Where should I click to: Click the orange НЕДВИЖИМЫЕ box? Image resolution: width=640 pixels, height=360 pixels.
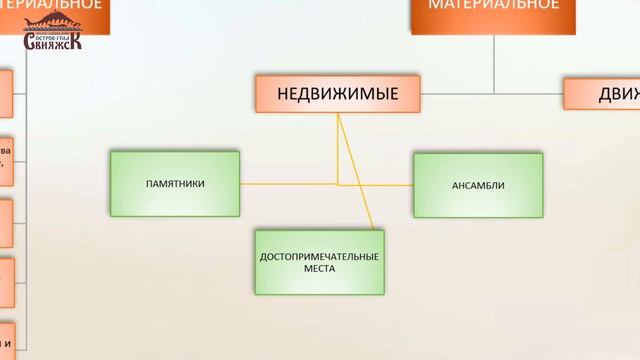click(x=337, y=94)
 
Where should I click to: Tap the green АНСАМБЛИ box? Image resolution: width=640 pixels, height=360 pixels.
click(x=478, y=185)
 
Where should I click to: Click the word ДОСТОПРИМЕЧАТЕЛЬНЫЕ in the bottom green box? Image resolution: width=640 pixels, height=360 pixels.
click(x=319, y=257)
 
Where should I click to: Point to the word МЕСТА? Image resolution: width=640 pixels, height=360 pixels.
click(x=319, y=269)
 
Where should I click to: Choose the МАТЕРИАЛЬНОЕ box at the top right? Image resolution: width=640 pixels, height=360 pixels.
click(x=493, y=12)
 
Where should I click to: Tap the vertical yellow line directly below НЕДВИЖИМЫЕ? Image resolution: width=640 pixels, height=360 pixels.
click(x=338, y=150)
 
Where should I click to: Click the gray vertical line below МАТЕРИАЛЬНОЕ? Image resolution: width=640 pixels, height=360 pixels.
click(x=493, y=60)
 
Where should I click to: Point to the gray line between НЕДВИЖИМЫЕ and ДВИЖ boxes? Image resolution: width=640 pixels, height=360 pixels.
click(x=490, y=94)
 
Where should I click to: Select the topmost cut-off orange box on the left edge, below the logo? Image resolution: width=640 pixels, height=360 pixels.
click(x=5, y=95)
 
